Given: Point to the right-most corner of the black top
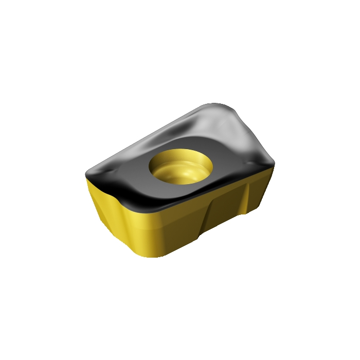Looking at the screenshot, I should (x=274, y=164).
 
